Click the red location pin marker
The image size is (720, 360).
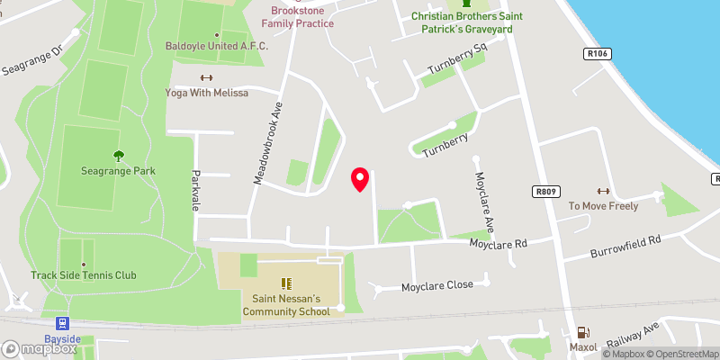[360, 180]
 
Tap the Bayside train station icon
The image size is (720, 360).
[62, 323]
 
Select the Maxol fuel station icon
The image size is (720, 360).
[583, 332]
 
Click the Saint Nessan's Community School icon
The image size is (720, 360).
[287, 284]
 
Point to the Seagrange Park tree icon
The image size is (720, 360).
[117, 155]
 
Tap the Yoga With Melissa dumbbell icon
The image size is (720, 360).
[206, 77]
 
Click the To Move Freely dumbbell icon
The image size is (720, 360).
[603, 191]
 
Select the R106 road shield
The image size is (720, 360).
[597, 54]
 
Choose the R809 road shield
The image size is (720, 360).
[545, 192]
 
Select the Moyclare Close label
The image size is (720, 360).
[437, 285]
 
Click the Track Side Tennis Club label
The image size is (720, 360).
[84, 274]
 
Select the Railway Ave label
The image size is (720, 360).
[634, 336]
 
